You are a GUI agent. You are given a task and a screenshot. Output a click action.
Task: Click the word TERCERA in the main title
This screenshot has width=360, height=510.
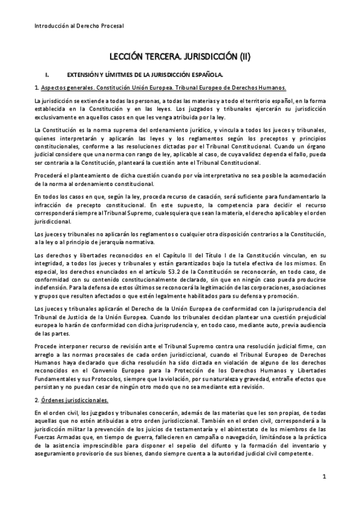(173, 58)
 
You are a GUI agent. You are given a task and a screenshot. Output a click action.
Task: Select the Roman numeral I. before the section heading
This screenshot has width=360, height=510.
(47, 75)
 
